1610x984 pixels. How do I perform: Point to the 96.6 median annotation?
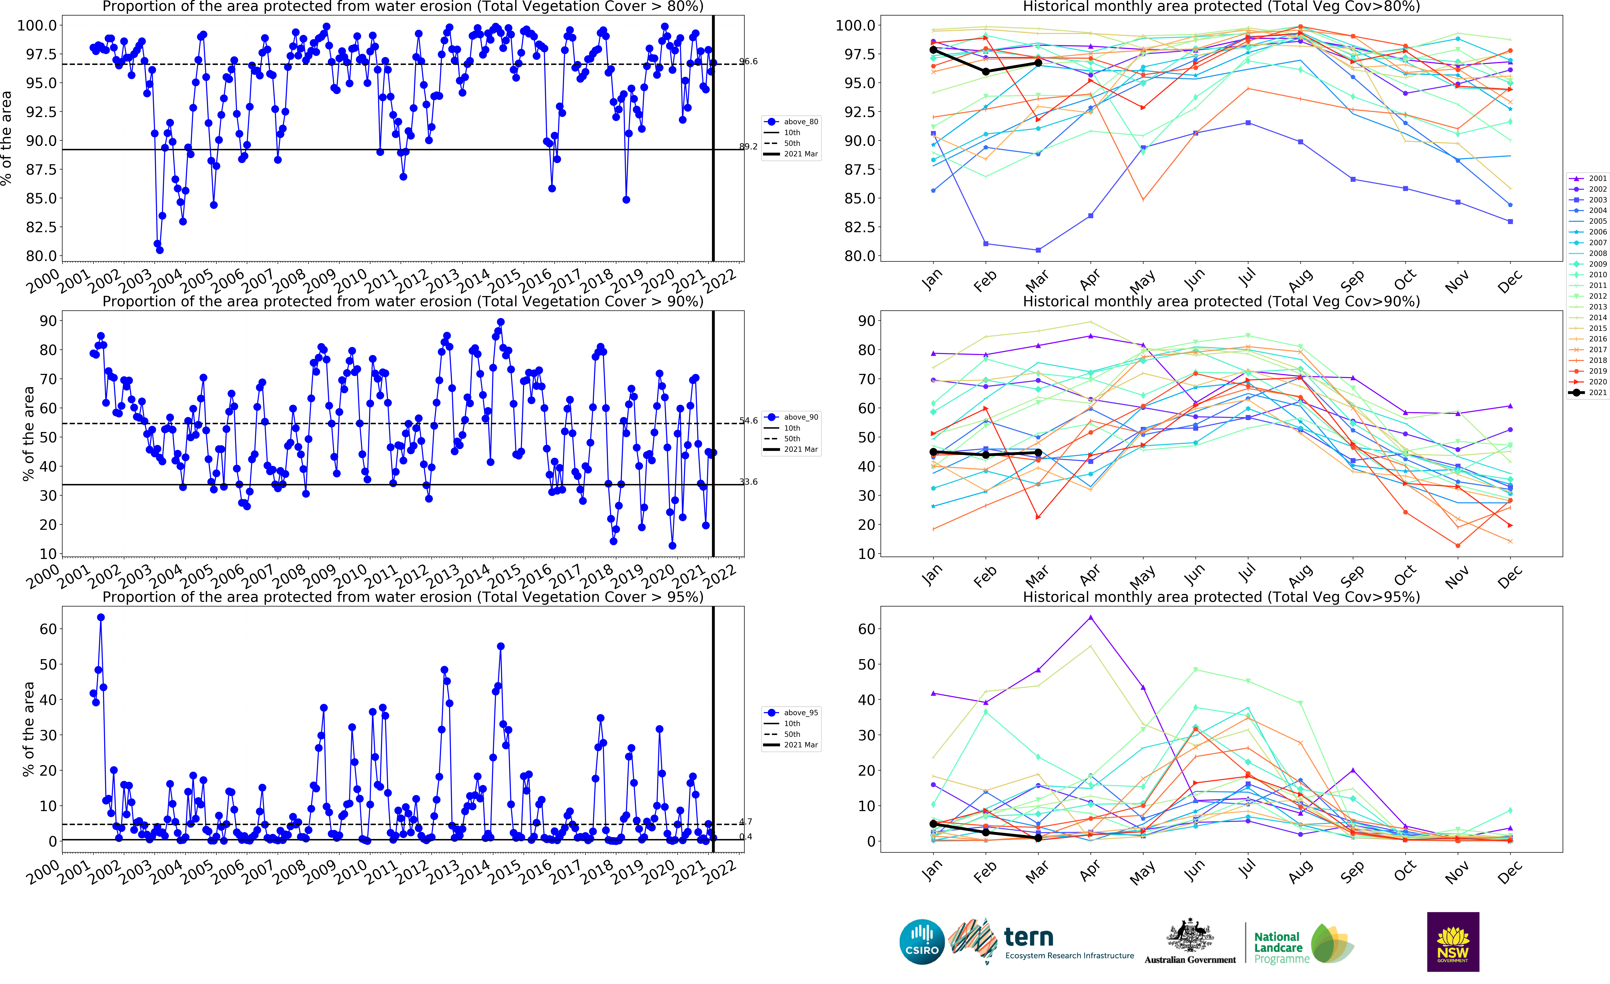click(748, 62)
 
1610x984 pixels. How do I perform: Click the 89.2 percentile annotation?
click(748, 146)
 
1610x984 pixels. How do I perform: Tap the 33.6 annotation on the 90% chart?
click(748, 482)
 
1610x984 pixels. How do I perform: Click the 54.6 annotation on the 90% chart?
click(748, 420)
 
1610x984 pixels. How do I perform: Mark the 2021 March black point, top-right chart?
click(1038, 63)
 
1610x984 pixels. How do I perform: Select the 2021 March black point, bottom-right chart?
click(1038, 838)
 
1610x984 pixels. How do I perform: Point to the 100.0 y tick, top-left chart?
click(37, 26)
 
